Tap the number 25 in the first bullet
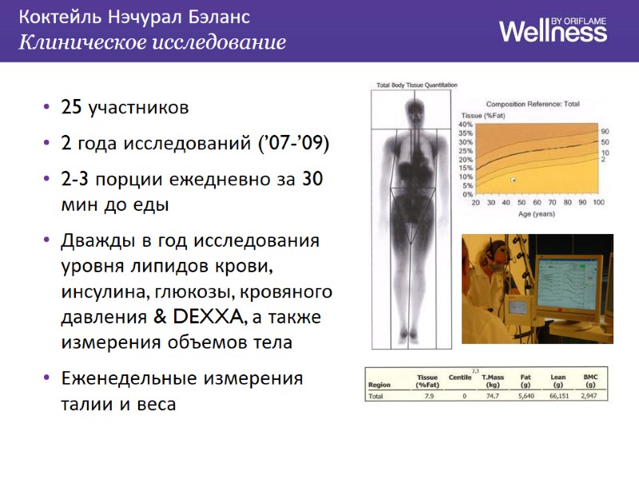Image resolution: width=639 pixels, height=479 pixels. pyautogui.click(x=72, y=107)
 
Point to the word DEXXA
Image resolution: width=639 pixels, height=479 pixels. pyautogui.click(x=207, y=317)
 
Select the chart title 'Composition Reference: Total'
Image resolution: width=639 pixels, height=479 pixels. pyautogui.click(x=533, y=104)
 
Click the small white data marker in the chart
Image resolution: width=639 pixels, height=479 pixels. pyautogui.click(x=514, y=180)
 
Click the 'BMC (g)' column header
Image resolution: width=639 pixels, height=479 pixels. pyautogui.click(x=590, y=379)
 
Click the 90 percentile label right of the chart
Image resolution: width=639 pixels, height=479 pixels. pyautogui.click(x=605, y=131)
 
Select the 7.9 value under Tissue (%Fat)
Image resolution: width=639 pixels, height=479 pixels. pyautogui.click(x=429, y=395)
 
